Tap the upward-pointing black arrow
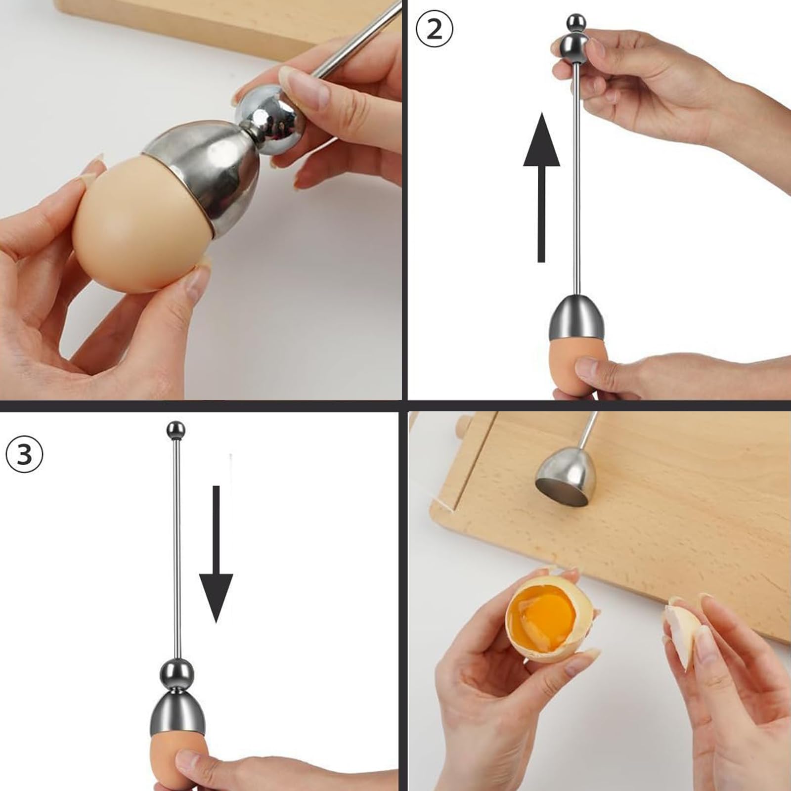point(541,187)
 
